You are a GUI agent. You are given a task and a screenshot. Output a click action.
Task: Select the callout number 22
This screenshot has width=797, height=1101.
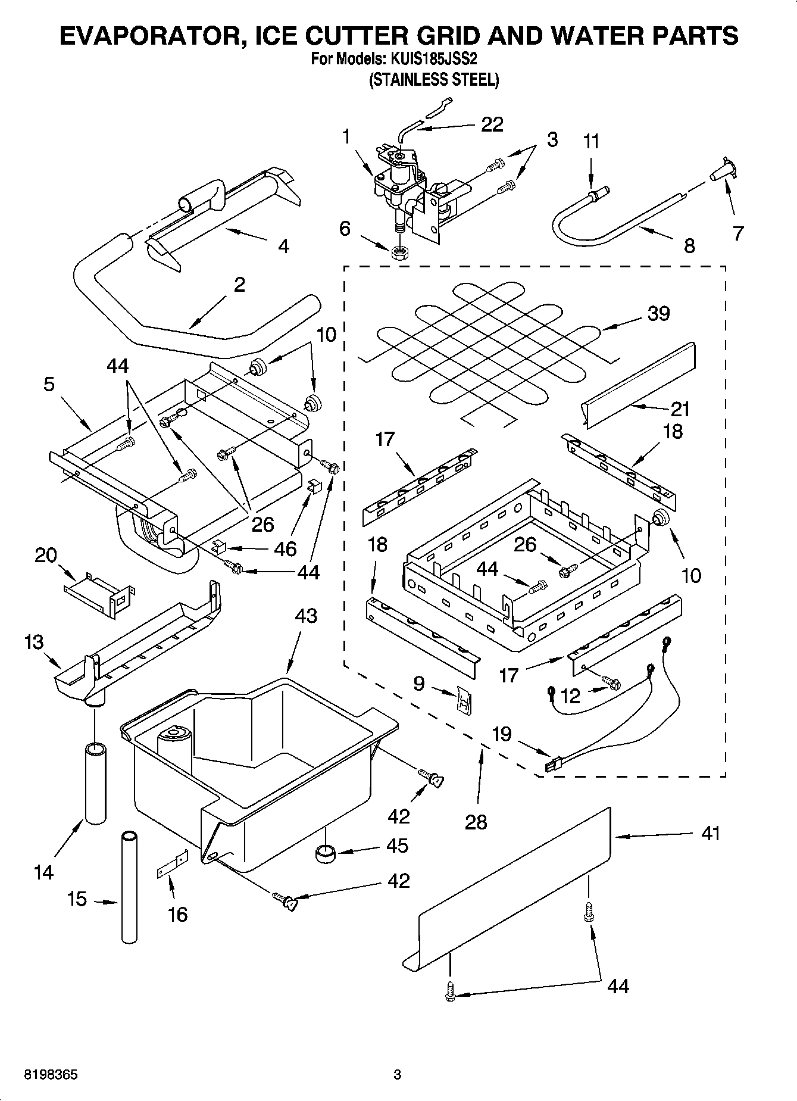click(492, 124)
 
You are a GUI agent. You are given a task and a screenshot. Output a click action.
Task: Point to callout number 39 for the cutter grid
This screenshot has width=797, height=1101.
click(658, 314)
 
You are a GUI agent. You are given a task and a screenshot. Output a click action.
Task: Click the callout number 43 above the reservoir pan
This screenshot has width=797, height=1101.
click(305, 616)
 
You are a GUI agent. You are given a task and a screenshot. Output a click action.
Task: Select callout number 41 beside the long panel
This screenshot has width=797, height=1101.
click(710, 833)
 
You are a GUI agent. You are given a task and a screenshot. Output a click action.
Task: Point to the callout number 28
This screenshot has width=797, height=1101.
click(476, 822)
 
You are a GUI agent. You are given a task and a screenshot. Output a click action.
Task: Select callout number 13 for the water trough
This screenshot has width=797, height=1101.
click(34, 642)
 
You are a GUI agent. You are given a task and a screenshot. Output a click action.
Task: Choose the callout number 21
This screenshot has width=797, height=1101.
click(680, 409)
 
